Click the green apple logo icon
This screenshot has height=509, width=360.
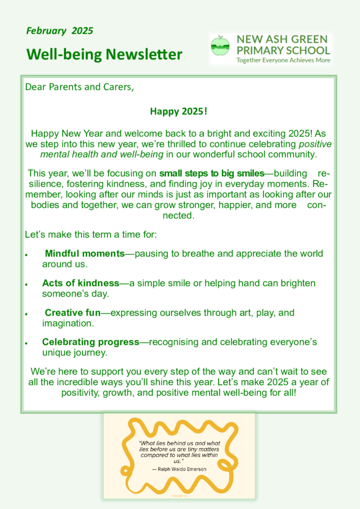(220, 45)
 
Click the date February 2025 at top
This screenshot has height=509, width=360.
(59, 31)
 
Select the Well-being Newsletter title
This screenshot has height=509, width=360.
(104, 54)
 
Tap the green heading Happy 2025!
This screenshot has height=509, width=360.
(179, 111)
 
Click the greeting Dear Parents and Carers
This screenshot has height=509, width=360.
(79, 87)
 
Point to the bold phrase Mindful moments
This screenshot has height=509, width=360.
(85, 254)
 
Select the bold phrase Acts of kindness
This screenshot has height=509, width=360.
(81, 283)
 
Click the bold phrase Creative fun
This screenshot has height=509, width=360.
(73, 313)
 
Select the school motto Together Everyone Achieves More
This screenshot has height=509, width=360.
(283, 60)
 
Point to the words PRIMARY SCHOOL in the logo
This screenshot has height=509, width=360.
(283, 50)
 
